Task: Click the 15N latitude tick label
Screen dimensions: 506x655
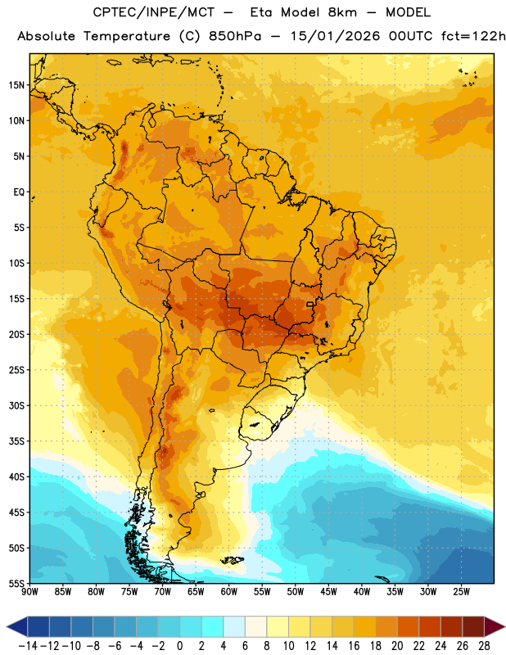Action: coord(16,85)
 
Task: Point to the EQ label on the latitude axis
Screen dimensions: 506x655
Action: coord(19,192)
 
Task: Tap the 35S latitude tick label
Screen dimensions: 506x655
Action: coord(16,441)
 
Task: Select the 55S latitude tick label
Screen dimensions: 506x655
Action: coord(16,584)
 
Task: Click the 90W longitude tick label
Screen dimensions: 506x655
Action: coord(29,592)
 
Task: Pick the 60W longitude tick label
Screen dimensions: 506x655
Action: coord(229,592)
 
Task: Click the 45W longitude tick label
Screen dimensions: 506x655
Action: coord(328,592)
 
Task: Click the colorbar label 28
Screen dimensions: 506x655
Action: coord(484,646)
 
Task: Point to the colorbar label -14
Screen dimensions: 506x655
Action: coord(28,646)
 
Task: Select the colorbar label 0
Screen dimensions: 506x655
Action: coord(180,646)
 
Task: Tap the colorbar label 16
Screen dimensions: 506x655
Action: coord(354,646)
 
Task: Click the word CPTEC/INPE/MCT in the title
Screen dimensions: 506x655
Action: coord(154,12)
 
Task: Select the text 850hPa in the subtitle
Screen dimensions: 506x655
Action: coord(235,36)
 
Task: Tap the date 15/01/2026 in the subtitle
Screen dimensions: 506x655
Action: coord(335,36)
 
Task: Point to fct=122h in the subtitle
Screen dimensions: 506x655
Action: coord(473,36)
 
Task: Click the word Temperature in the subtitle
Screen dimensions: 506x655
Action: coord(127,37)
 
